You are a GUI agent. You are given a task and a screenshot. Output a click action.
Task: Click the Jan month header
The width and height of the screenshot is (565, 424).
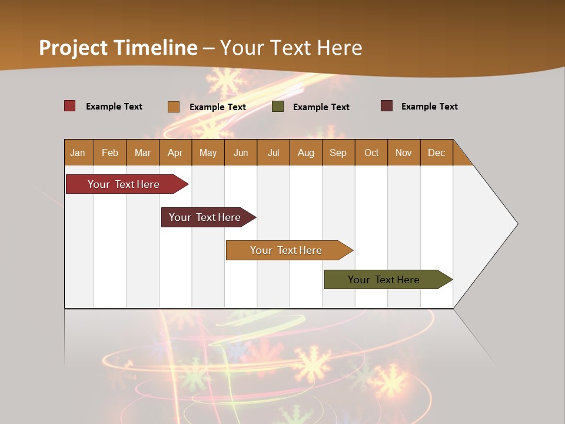[78, 153]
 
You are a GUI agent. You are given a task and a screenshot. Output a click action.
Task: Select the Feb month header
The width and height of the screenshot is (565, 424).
[110, 153]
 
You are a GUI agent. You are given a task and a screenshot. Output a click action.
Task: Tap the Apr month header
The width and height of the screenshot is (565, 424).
[175, 153]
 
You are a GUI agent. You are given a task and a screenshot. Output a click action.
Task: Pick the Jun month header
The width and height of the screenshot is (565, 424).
[241, 153]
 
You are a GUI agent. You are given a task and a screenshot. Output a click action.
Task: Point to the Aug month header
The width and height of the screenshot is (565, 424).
[305, 153]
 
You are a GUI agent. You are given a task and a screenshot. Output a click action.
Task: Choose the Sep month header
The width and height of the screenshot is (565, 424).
[338, 153]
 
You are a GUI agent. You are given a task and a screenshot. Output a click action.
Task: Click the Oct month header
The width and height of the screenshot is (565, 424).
[371, 153]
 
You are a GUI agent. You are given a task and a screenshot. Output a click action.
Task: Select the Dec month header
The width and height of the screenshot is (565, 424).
[436, 153]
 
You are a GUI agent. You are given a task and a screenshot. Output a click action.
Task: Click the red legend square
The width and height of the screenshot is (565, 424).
[70, 106]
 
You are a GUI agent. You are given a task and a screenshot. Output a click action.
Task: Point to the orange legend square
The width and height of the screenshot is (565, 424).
[174, 107]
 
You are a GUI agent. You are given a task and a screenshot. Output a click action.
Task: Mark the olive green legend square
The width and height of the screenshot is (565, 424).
[278, 107]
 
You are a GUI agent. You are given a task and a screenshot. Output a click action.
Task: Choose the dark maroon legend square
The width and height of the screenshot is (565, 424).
[387, 106]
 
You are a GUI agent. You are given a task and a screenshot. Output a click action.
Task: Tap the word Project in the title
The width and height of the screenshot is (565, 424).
[73, 48]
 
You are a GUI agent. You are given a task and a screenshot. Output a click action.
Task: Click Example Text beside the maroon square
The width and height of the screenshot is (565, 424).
[429, 107]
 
